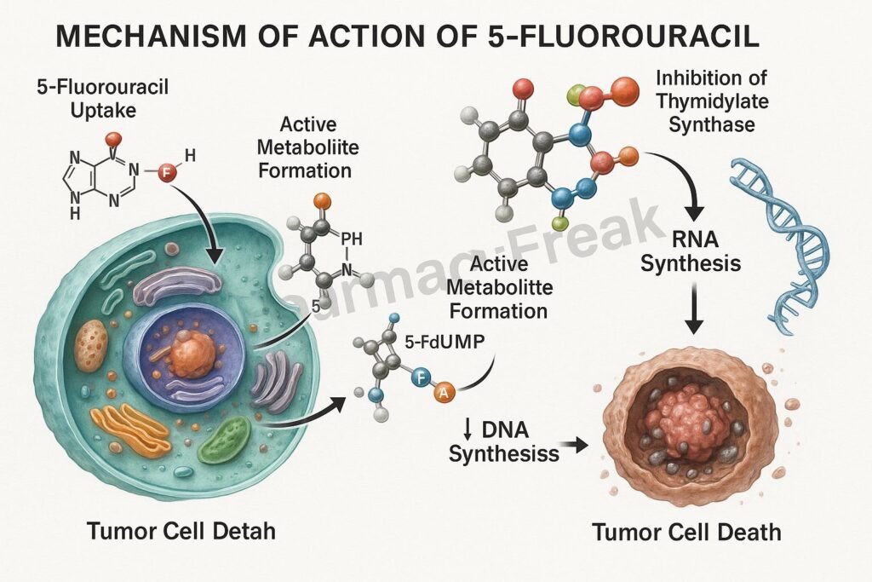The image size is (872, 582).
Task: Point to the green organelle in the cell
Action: (224, 441)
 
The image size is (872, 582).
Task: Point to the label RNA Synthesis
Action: (691, 251)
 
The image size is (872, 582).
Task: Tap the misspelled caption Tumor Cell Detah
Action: (181, 533)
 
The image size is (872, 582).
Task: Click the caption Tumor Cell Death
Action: (686, 533)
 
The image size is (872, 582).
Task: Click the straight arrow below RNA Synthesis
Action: (695, 311)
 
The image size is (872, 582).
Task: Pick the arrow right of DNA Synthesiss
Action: (580, 444)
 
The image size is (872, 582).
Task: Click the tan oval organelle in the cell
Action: (89, 345)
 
